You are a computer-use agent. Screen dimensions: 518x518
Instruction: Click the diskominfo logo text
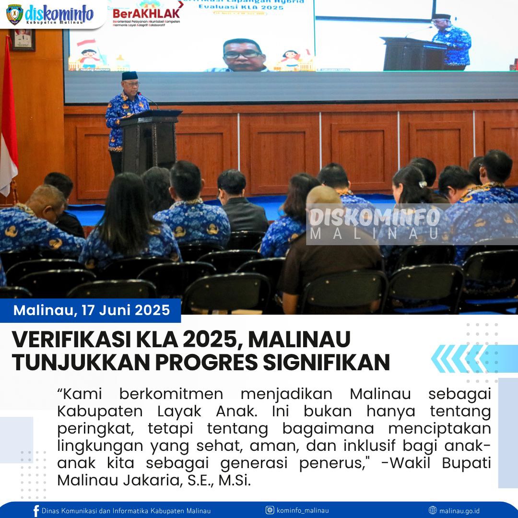(x=59, y=14)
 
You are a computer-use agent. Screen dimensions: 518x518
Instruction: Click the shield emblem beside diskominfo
(x=14, y=14)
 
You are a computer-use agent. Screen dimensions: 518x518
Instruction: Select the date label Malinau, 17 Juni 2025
(x=92, y=310)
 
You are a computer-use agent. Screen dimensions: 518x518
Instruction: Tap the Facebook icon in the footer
(x=36, y=511)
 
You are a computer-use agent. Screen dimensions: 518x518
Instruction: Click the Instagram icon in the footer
(x=270, y=510)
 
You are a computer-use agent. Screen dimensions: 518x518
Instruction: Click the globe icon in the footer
(x=433, y=510)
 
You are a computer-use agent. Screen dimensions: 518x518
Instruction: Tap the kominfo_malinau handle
(x=303, y=511)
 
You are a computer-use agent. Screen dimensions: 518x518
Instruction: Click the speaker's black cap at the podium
(x=129, y=76)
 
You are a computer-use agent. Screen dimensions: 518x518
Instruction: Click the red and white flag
(x=8, y=120)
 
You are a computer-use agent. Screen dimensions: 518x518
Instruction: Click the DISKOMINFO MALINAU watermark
(x=374, y=224)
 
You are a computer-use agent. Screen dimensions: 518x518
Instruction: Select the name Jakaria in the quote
(x=153, y=480)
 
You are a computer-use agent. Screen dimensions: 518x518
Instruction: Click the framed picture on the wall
(x=23, y=40)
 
